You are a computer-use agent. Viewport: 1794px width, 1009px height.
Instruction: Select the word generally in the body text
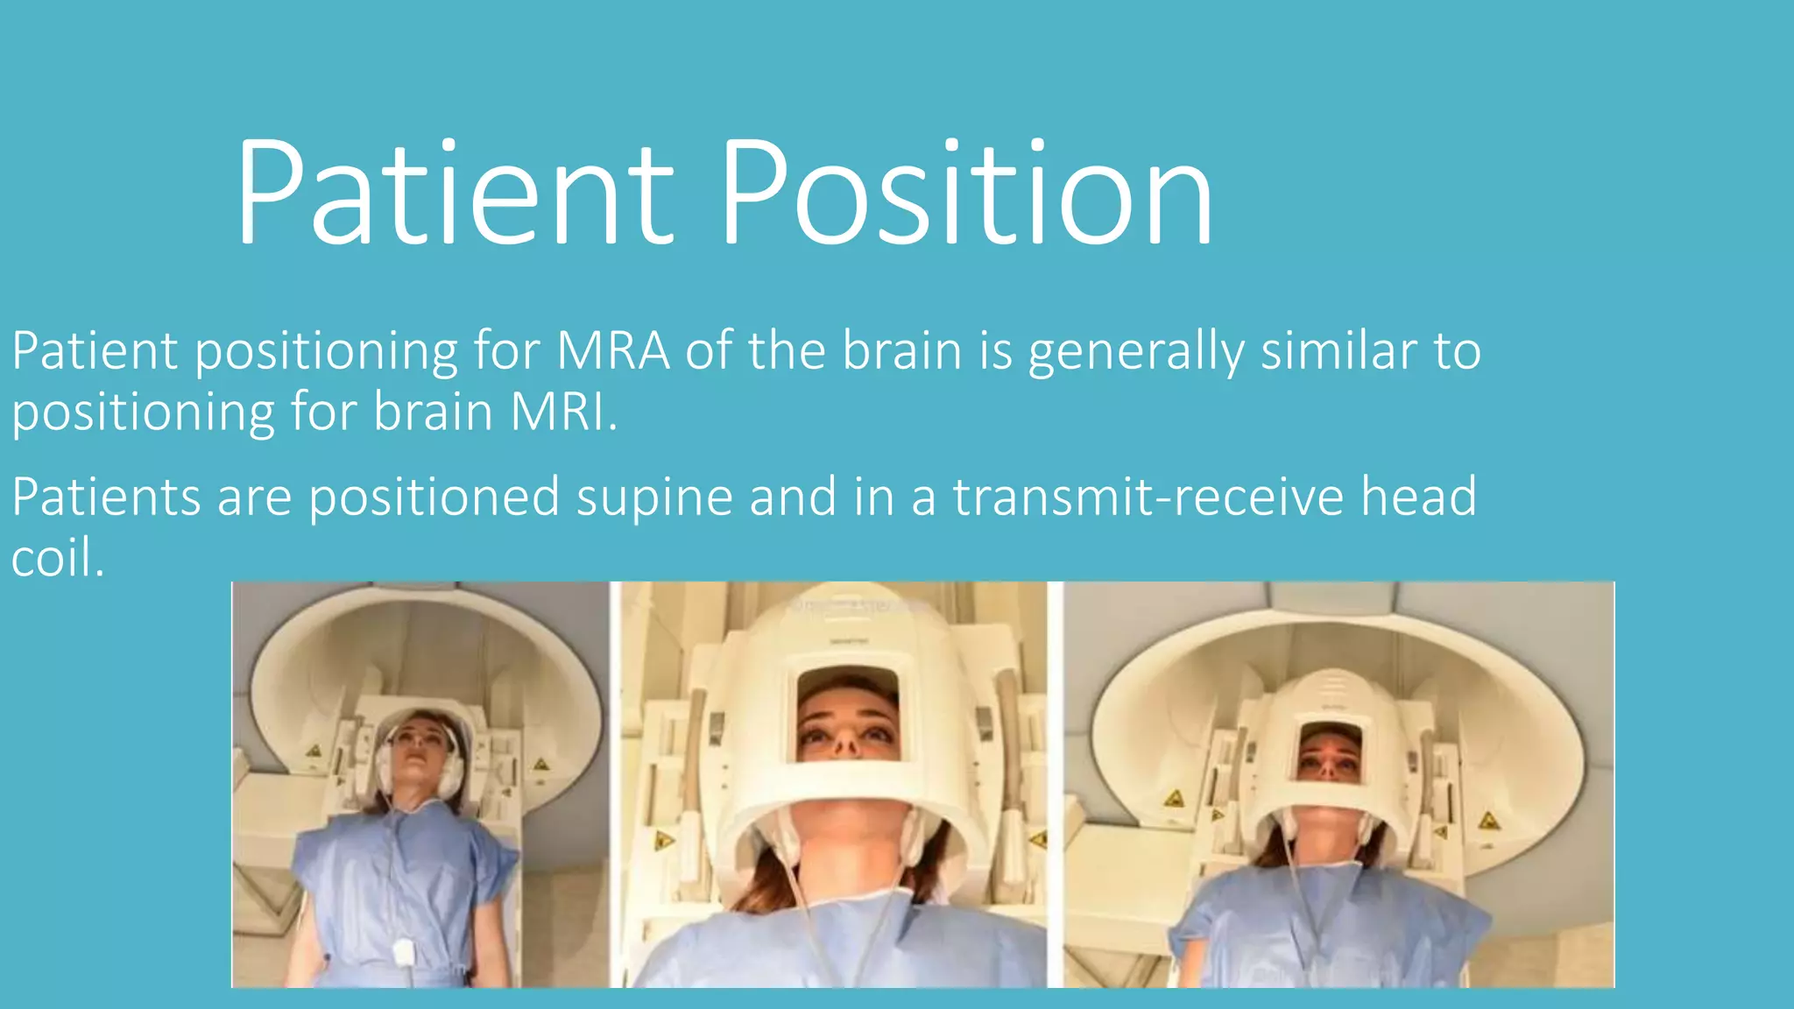click(x=1135, y=352)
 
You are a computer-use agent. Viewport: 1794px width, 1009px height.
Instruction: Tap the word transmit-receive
click(x=1148, y=497)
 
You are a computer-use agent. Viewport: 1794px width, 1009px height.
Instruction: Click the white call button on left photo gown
click(x=404, y=951)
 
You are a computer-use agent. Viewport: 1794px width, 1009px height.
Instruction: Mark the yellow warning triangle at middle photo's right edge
click(x=1038, y=839)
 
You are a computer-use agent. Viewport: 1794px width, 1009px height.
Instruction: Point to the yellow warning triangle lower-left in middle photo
click(x=663, y=841)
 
